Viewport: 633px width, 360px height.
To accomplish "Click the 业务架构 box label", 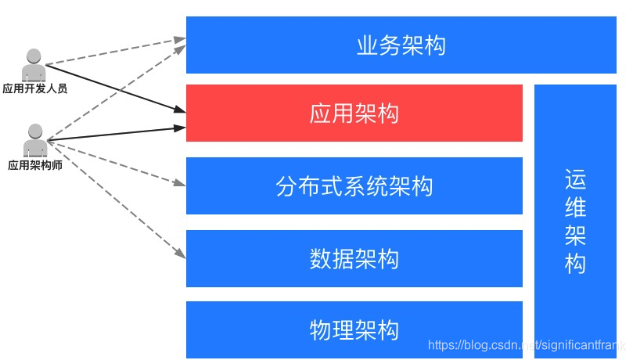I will click(x=401, y=45).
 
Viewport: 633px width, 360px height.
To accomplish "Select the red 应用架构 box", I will click(x=354, y=113).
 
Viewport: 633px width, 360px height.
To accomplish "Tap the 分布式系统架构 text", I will click(x=354, y=186).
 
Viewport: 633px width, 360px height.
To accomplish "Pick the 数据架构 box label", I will click(x=354, y=258).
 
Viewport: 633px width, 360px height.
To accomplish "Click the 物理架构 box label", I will click(x=354, y=329).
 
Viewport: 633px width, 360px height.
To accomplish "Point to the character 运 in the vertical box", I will click(x=575, y=181).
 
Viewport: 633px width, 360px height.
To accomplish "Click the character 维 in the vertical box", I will click(x=575, y=209).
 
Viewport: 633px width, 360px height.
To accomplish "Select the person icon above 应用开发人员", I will click(x=34, y=65).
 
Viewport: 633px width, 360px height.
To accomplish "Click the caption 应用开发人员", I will click(x=34, y=88).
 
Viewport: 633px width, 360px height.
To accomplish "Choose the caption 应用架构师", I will click(x=35, y=165).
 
